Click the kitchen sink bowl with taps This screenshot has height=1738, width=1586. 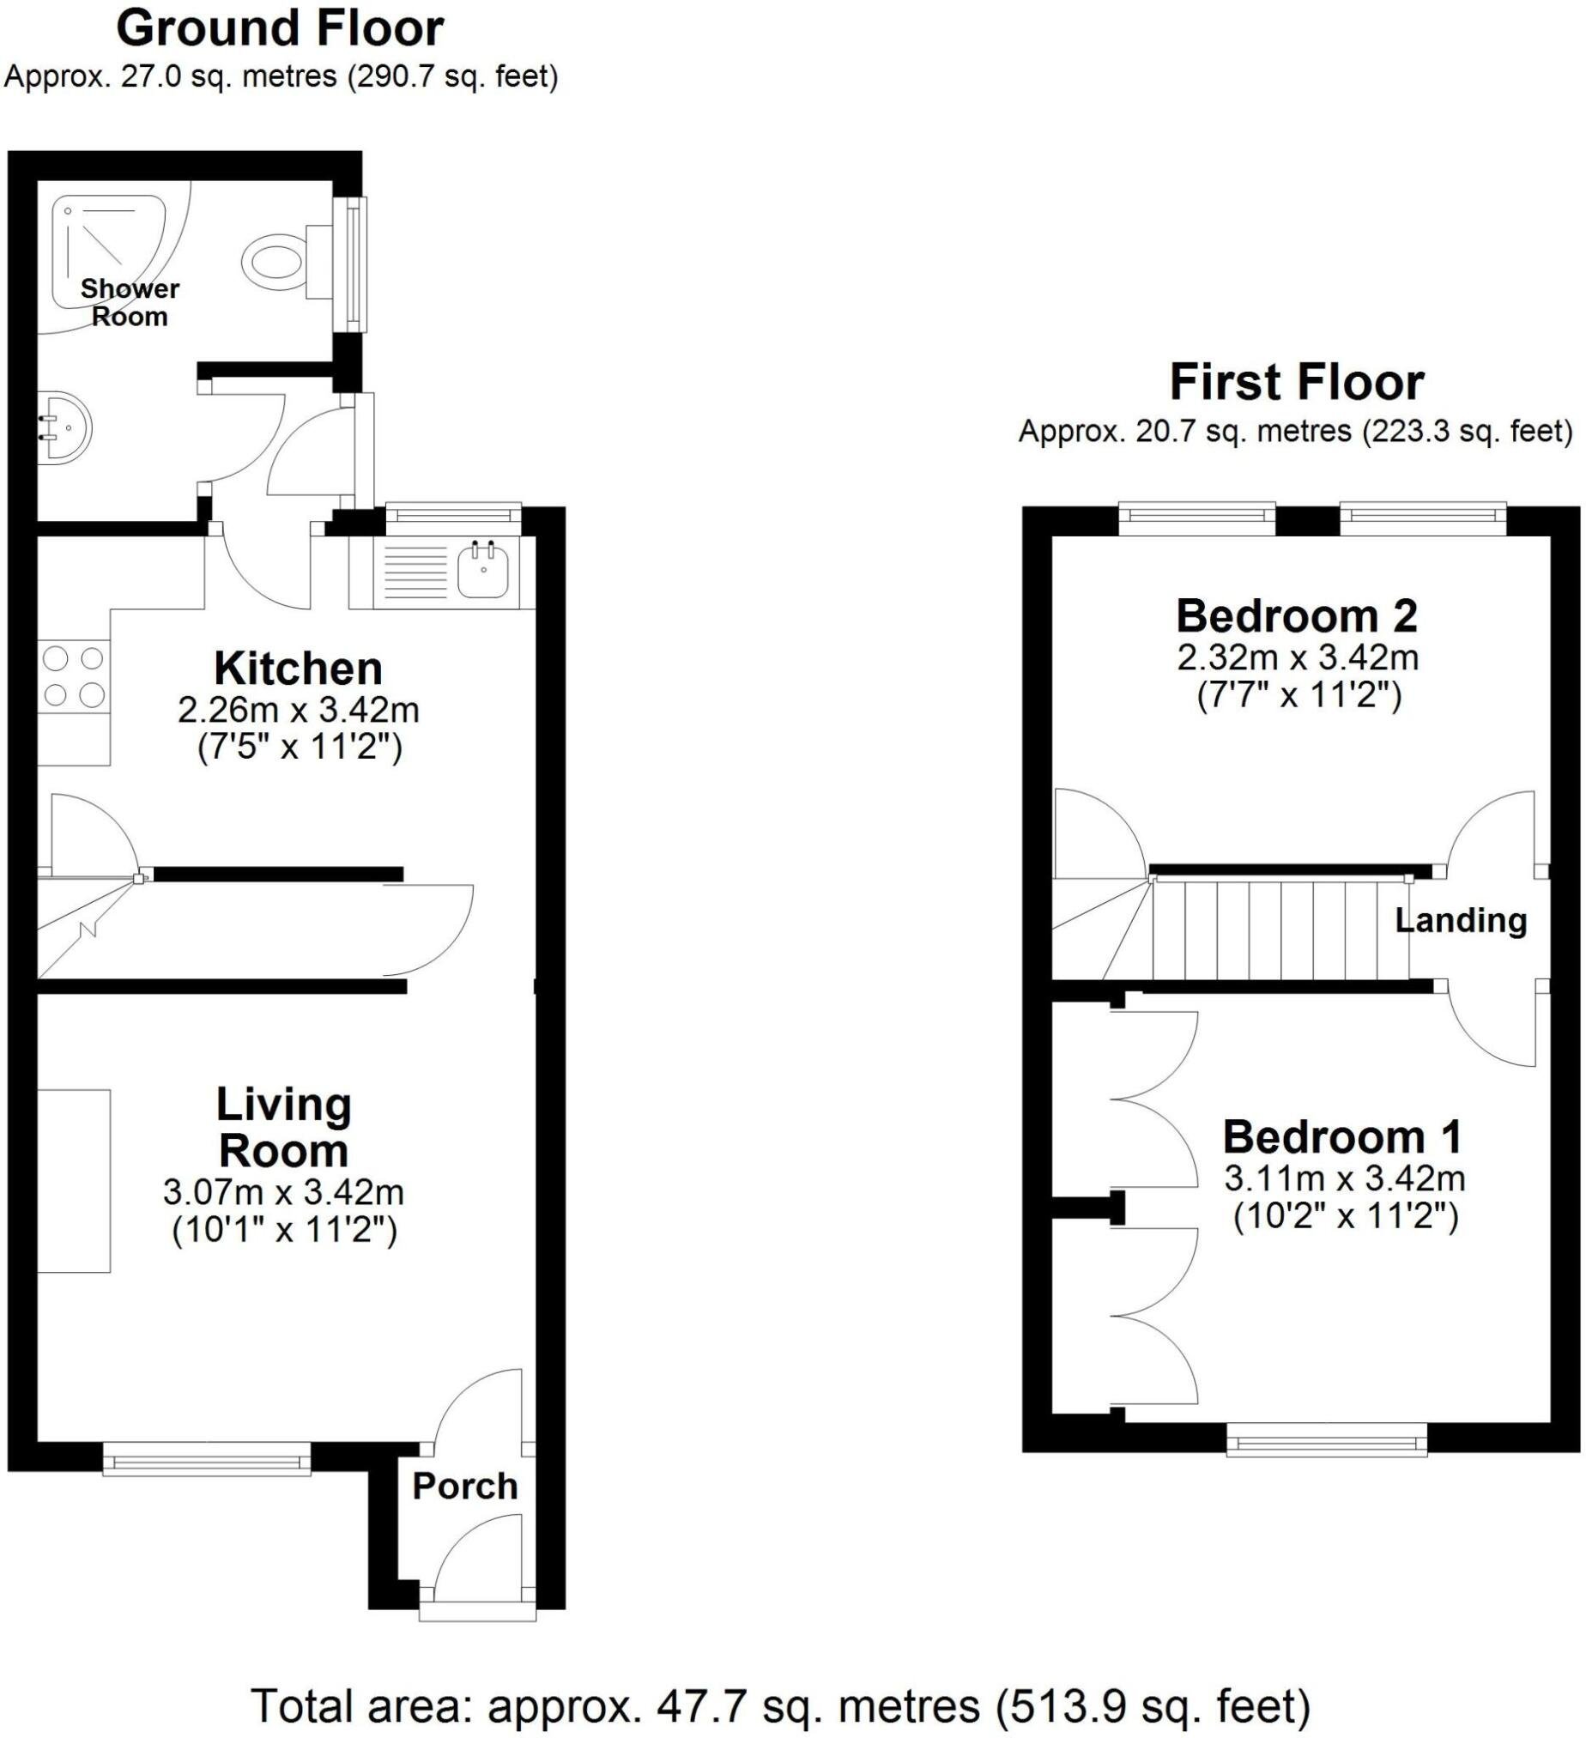point(482,569)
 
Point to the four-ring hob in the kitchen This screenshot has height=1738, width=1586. point(73,677)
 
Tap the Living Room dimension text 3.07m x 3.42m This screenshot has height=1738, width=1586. point(283,1193)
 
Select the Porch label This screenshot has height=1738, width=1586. point(464,1487)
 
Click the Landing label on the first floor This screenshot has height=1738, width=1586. point(1461,921)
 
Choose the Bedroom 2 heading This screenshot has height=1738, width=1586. point(1297,616)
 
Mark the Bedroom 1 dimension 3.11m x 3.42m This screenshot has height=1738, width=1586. point(1345,1178)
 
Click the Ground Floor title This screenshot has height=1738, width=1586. point(279,29)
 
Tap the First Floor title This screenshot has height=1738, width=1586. point(1297,383)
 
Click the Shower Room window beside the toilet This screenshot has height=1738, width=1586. point(353,263)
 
